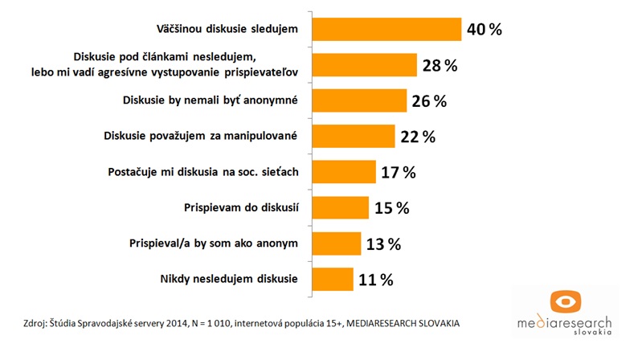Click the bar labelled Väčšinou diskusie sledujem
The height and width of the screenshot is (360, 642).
coord(386,29)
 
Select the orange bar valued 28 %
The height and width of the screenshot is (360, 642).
coord(363,66)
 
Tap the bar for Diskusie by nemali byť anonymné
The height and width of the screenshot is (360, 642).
coord(359,101)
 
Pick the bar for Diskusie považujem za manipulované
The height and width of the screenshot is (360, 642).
coord(352,137)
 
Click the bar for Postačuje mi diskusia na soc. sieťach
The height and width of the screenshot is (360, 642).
coord(343,172)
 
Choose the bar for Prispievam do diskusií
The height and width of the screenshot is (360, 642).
coord(339,207)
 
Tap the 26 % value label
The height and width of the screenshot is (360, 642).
coord(446,101)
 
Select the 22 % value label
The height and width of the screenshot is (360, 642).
coord(417,137)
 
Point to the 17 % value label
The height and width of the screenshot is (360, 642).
coord(399,172)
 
